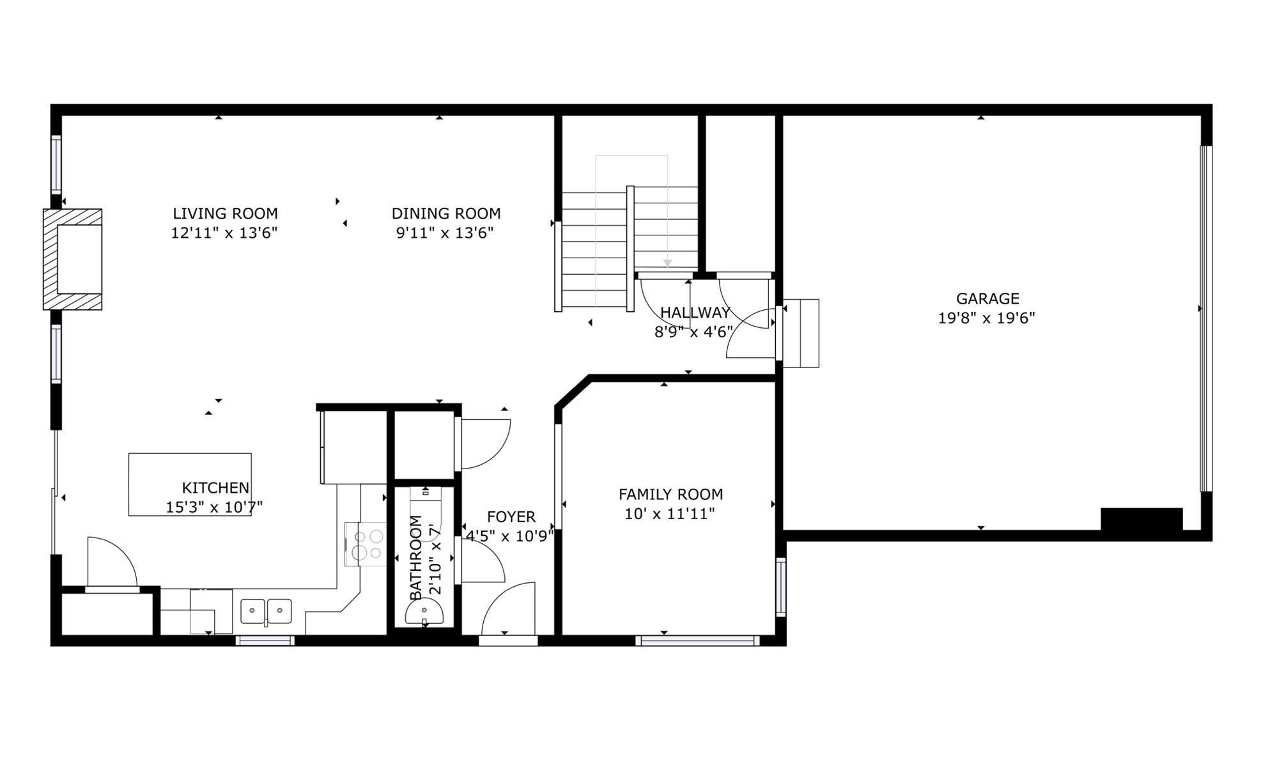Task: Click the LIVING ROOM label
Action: (225, 214)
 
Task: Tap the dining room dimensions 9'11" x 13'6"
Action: (445, 233)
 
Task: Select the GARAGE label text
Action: (987, 299)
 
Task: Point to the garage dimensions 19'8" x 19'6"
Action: (986, 318)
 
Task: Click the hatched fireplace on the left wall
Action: (72, 259)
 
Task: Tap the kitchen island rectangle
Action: (190, 467)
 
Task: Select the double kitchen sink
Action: (266, 611)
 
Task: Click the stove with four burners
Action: (366, 544)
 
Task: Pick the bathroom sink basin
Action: (424, 614)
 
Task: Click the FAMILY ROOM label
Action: (670, 495)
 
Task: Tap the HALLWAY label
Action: (695, 313)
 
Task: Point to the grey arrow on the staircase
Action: (667, 263)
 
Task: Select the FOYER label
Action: (511, 517)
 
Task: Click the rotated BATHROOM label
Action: (416, 557)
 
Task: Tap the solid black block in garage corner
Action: (1141, 519)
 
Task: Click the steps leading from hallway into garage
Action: (801, 333)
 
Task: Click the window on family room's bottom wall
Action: (697, 641)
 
